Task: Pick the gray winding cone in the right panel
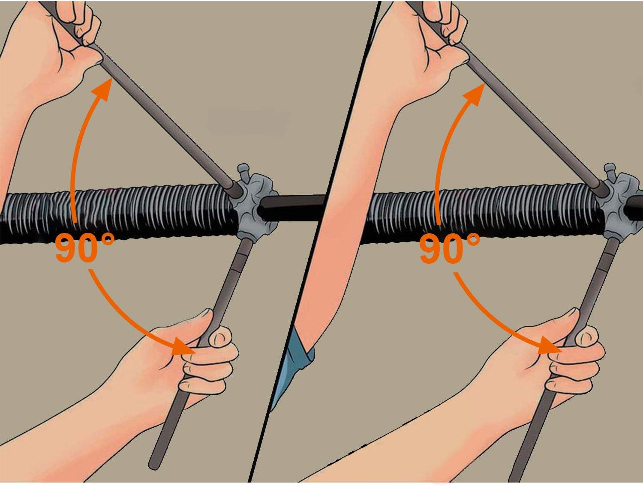click(x=617, y=201)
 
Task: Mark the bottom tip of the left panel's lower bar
click(x=153, y=465)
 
